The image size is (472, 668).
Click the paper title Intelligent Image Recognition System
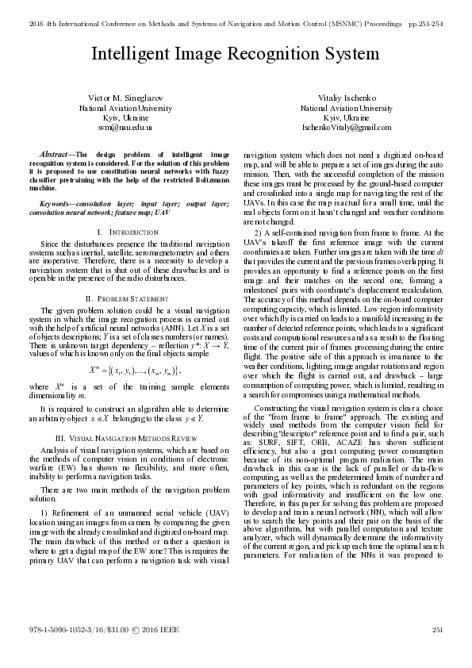236,54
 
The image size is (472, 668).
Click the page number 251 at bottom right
436,652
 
